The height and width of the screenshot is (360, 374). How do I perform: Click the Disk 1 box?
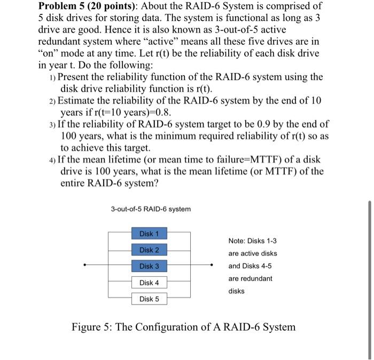tap(149, 233)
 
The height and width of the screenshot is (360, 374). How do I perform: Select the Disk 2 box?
tap(149, 250)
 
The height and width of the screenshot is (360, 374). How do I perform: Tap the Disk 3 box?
tap(149, 266)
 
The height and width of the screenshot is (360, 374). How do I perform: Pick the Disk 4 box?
tap(149, 283)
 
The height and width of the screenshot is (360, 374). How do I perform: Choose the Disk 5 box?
tap(149, 299)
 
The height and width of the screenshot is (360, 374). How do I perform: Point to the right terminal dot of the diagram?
tap(213, 266)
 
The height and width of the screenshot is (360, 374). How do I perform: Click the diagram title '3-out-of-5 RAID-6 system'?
tap(151, 209)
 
